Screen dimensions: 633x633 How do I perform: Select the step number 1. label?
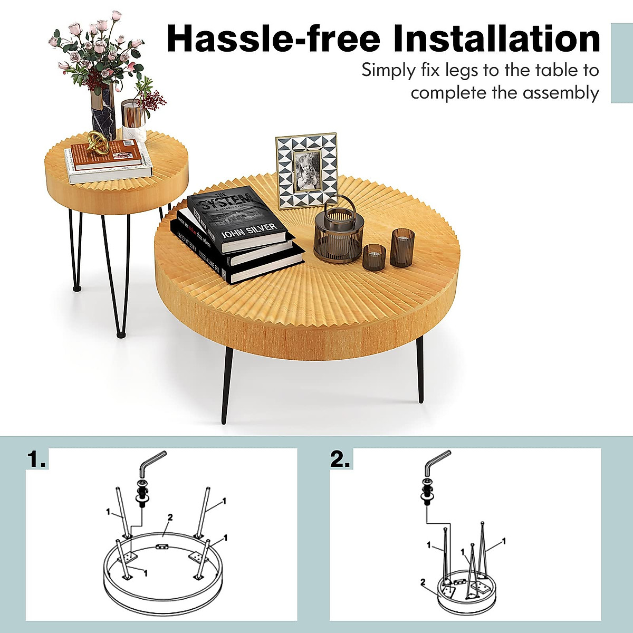[x=36, y=459]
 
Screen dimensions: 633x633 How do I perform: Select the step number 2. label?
[x=340, y=459]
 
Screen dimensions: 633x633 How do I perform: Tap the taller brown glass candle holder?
[x=402, y=247]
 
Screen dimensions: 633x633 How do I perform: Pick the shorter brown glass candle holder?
[x=375, y=257]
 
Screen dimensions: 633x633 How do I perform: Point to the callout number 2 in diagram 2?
[x=423, y=582]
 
